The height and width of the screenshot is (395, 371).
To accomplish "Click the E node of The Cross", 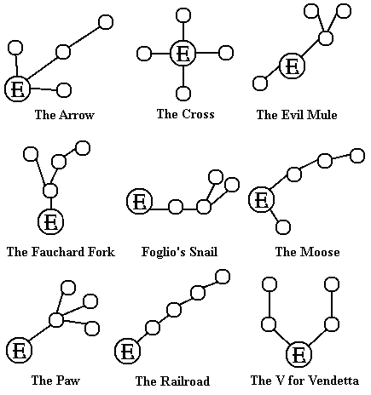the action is pyautogui.click(x=183, y=53).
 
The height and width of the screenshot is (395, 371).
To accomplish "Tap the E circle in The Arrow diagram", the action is pyautogui.click(x=17, y=89).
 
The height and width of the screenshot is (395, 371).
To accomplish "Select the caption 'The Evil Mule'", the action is pyautogui.click(x=297, y=115).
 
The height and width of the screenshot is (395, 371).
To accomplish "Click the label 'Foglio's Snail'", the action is pyautogui.click(x=179, y=252).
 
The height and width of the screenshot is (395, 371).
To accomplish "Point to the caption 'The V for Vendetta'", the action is pyautogui.click(x=304, y=381).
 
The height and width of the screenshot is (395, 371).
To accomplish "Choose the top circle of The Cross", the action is pyautogui.click(x=183, y=15).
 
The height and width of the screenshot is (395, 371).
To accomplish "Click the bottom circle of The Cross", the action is pyautogui.click(x=183, y=94).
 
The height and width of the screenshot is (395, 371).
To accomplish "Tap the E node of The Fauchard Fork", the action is pyautogui.click(x=50, y=221).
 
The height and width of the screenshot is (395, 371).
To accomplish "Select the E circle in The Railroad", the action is pyautogui.click(x=128, y=351).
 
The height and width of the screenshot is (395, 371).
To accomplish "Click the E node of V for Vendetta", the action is pyautogui.click(x=299, y=354).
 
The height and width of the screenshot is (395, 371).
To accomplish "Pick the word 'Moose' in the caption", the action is pyautogui.click(x=320, y=252).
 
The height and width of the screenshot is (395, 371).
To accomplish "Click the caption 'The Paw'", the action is pyautogui.click(x=55, y=381).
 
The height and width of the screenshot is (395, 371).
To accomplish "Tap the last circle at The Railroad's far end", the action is pyautogui.click(x=223, y=277).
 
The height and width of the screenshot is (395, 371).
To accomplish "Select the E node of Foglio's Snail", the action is pyautogui.click(x=139, y=201).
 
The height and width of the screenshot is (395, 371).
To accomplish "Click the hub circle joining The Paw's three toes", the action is pyautogui.click(x=56, y=320).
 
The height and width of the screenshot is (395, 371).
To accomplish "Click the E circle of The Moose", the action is pyautogui.click(x=262, y=199).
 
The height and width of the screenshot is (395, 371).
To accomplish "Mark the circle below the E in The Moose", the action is pyautogui.click(x=283, y=227).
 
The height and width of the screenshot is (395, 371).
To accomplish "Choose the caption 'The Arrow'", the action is pyautogui.click(x=64, y=115).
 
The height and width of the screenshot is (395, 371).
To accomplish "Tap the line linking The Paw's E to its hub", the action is pyautogui.click(x=39, y=332).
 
